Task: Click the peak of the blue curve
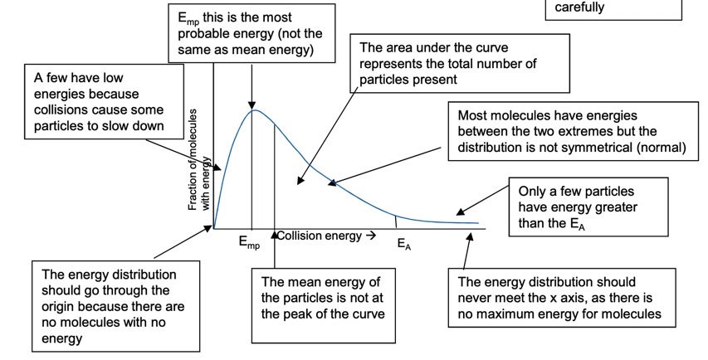click(x=254, y=110)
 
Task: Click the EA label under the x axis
click(x=403, y=245)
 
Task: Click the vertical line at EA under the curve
click(x=396, y=221)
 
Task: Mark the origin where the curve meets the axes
click(x=214, y=227)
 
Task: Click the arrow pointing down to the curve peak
click(x=251, y=83)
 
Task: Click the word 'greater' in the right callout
click(x=612, y=207)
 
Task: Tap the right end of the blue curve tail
click(x=479, y=223)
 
